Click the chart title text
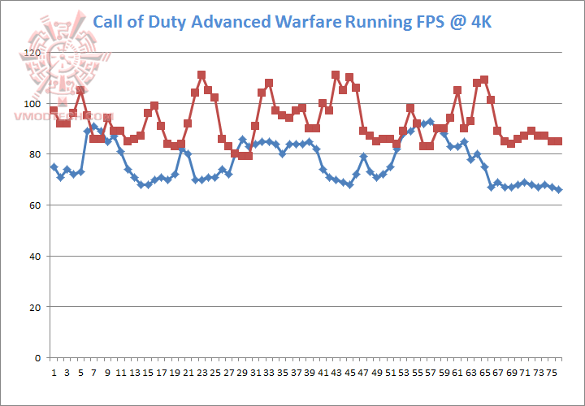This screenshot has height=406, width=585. point(296,20)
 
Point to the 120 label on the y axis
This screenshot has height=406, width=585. point(32,54)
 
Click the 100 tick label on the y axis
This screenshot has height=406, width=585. point(32,104)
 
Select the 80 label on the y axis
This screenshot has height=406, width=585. point(34,154)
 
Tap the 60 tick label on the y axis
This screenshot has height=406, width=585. point(34,205)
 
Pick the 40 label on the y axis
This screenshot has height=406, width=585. point(34,257)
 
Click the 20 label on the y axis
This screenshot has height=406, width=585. point(34,308)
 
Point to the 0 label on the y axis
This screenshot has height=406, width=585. point(37,358)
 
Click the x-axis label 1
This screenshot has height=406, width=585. point(54,373)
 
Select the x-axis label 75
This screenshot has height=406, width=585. point(552,373)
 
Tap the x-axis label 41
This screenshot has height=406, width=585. point(323,373)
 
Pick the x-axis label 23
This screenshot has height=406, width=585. point(201,373)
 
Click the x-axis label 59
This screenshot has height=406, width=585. point(444,373)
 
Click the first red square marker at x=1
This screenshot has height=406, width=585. point(54,110)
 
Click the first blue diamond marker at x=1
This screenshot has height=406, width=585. point(54,166)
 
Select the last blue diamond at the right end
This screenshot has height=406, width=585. point(558,189)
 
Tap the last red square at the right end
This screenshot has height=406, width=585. point(558,141)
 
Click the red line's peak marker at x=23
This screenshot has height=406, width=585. point(201,75)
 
